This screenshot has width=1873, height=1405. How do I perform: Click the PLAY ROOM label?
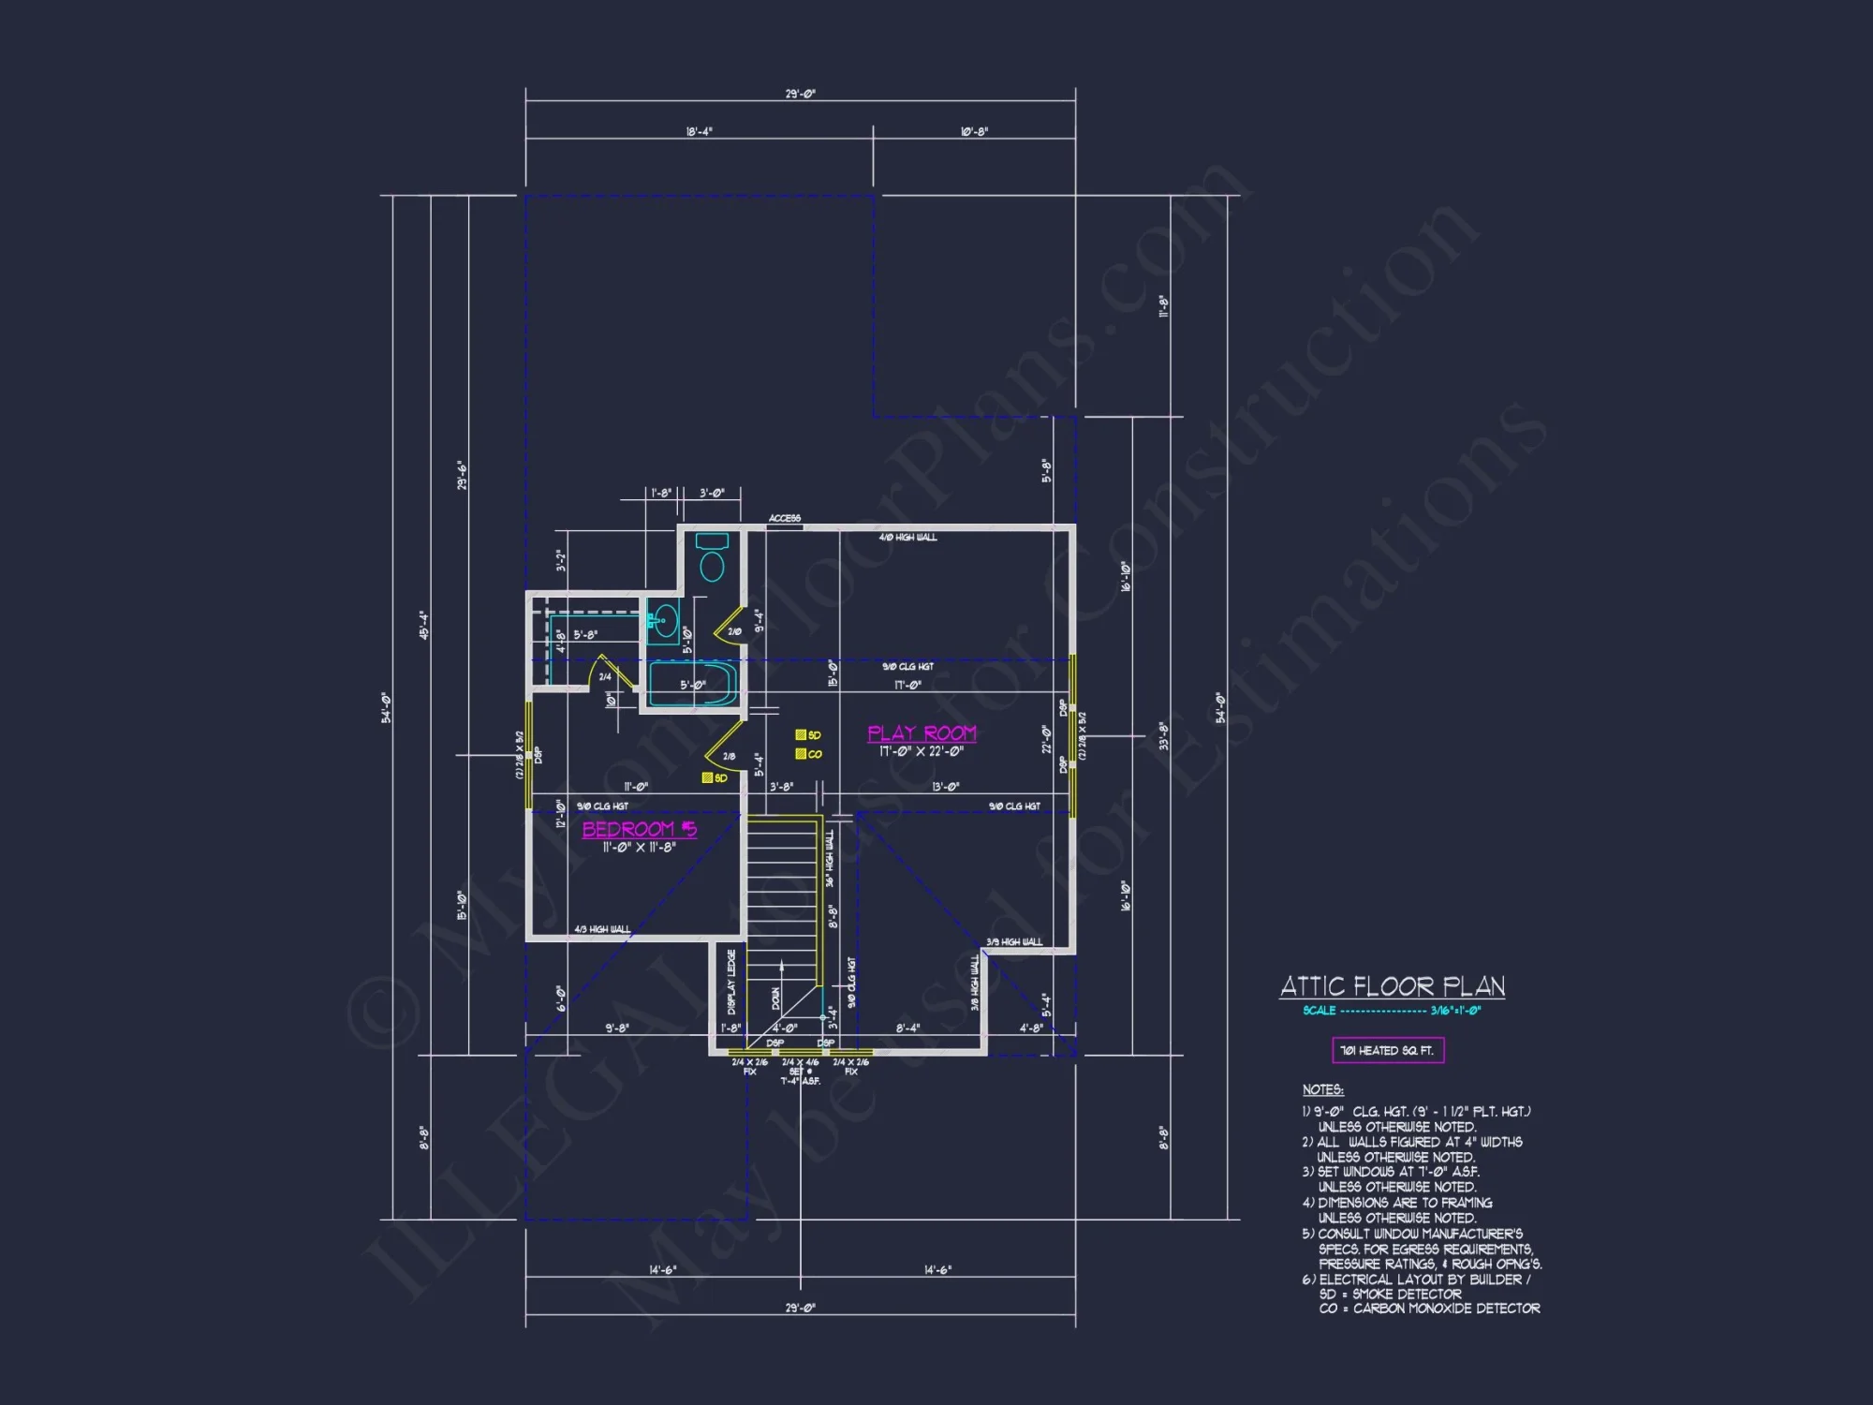(922, 733)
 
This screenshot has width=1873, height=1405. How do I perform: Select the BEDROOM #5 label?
(640, 829)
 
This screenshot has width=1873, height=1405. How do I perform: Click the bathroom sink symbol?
(664, 621)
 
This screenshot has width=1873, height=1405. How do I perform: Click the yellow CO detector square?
(801, 754)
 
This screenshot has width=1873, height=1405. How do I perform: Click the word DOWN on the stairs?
(775, 998)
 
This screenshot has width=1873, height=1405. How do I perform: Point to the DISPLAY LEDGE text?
(731, 981)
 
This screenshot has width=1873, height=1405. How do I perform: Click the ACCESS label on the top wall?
(785, 518)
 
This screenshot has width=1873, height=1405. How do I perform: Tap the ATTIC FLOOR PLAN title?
(1393, 986)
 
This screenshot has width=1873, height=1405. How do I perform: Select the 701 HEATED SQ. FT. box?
(1388, 1050)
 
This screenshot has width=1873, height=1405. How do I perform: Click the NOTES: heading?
(1322, 1089)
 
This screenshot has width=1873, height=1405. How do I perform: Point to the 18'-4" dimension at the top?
(699, 132)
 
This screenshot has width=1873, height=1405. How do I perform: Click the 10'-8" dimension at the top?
(974, 132)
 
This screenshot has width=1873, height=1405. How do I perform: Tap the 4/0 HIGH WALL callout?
(907, 538)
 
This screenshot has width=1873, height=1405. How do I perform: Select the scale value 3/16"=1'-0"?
(1455, 1011)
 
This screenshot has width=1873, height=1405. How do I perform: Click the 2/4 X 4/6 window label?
(800, 1062)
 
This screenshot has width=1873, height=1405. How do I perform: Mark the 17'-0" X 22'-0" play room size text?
(922, 751)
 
